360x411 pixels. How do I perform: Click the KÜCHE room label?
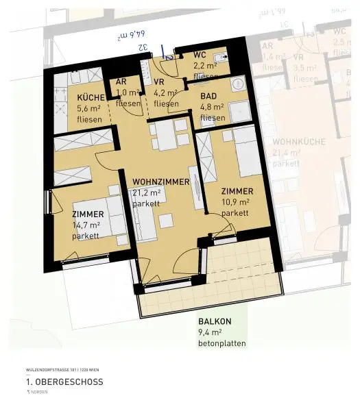[91, 97]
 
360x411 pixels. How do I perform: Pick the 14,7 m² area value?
[86, 225]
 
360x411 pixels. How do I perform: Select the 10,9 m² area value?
[235, 202]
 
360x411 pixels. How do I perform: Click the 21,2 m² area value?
[147, 193]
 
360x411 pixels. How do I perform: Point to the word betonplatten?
[221, 343]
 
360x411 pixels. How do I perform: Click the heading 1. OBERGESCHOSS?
[64, 382]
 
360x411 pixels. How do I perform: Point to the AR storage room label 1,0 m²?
[128, 92]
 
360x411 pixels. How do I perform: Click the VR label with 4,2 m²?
[165, 92]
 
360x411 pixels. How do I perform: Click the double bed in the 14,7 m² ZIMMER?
[110, 218]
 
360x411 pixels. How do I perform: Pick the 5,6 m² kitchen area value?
[89, 108]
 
